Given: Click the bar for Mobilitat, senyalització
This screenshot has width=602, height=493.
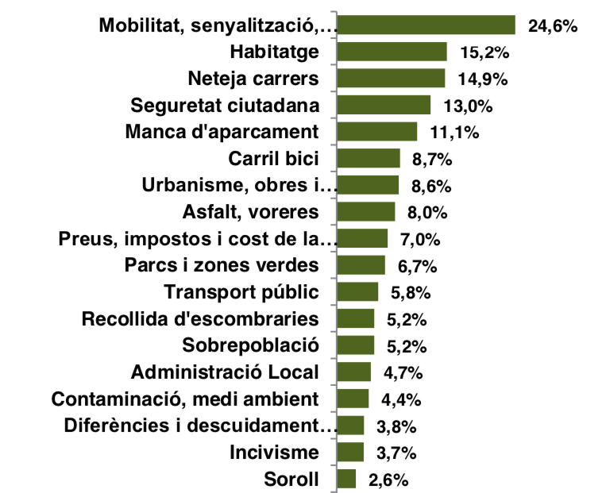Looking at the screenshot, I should click(426, 25).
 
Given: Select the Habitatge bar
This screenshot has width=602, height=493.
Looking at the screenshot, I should click(392, 52).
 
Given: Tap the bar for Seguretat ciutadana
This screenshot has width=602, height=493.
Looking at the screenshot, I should click(384, 106).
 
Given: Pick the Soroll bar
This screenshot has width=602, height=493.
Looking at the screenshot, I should click(346, 479).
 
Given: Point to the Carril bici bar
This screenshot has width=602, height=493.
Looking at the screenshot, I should click(368, 159).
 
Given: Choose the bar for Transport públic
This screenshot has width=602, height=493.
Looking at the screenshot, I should click(357, 292).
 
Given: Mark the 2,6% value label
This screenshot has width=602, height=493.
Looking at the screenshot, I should click(388, 480).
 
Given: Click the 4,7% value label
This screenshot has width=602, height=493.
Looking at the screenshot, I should click(403, 372).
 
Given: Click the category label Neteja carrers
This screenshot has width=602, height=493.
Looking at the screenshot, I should click(253, 79).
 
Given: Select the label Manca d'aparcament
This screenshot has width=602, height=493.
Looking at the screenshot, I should click(222, 132).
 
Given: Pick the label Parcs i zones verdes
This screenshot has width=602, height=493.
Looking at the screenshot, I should click(222, 265).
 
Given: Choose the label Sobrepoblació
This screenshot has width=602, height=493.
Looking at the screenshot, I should click(250, 345).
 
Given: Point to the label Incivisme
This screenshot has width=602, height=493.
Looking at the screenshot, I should click(274, 453).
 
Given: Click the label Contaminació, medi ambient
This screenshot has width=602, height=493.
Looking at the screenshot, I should click(184, 399).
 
